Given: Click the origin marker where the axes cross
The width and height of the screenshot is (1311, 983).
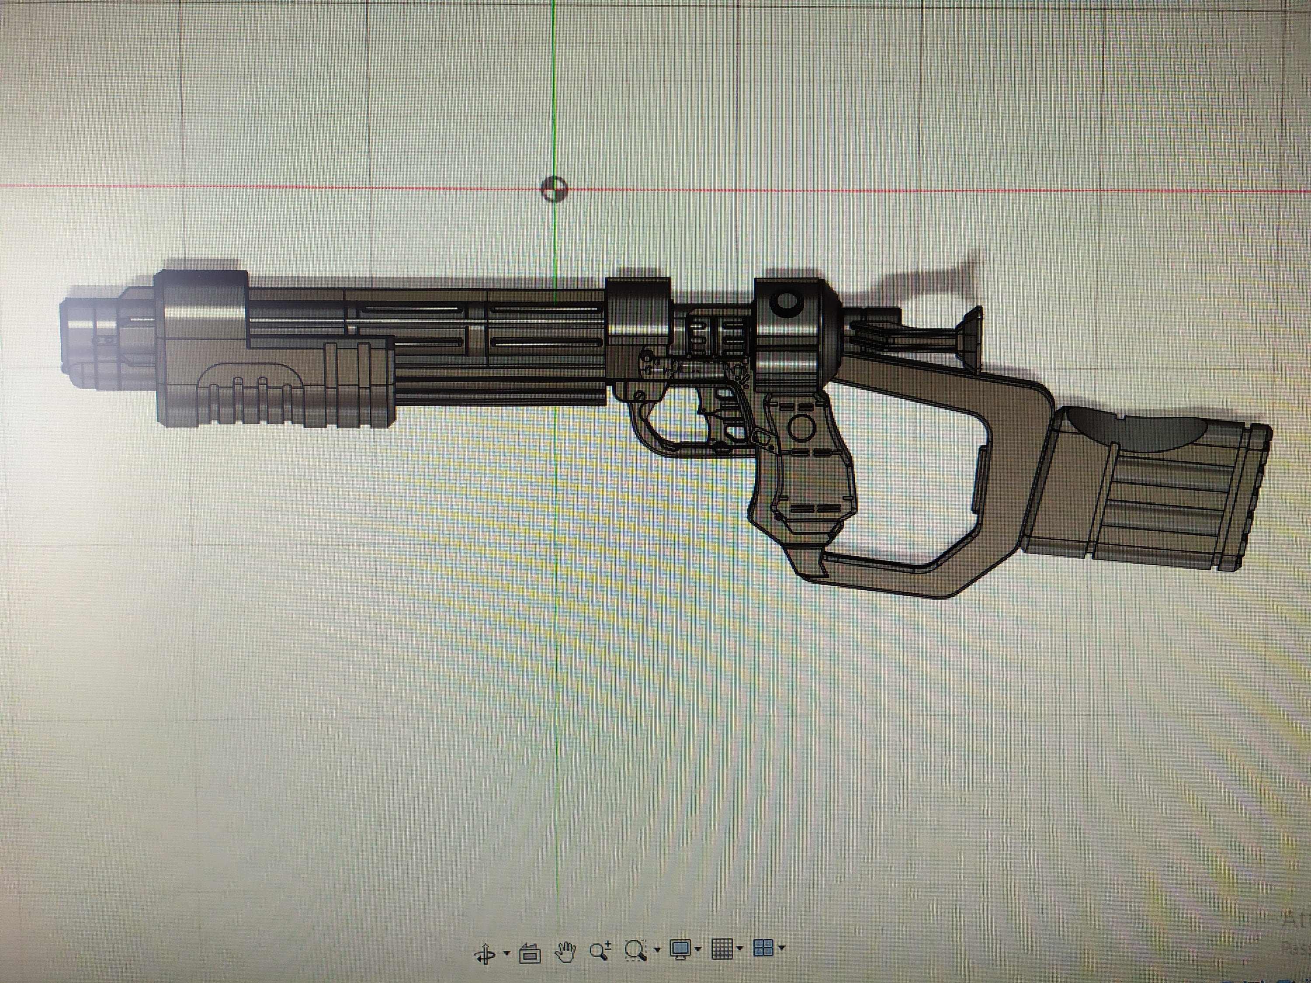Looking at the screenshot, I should pos(554,190).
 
